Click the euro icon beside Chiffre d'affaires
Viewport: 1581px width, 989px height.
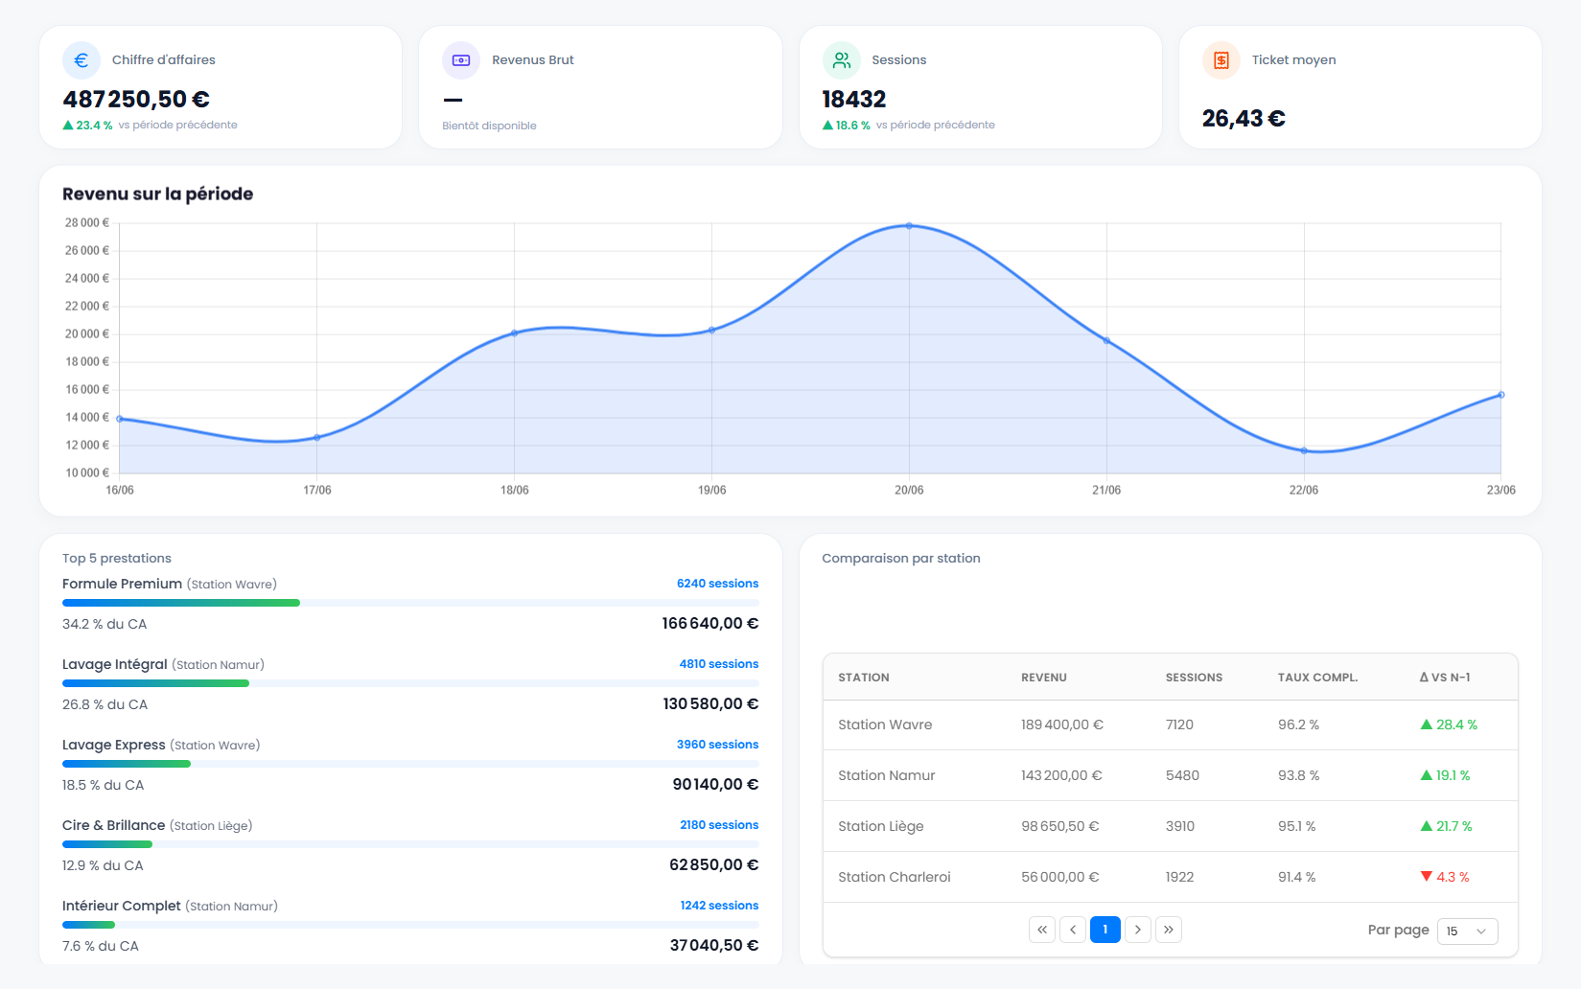(x=81, y=60)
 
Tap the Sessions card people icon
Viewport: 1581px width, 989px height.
(x=842, y=60)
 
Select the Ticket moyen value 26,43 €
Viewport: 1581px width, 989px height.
(x=1244, y=119)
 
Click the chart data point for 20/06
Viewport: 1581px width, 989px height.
(x=909, y=226)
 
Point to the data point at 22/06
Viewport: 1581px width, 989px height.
(x=1304, y=450)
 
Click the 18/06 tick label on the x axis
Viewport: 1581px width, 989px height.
(x=515, y=491)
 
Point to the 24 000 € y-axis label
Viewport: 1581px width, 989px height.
(x=87, y=278)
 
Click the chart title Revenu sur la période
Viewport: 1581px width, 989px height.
(x=157, y=194)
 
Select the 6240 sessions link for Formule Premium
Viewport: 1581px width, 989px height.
(x=717, y=584)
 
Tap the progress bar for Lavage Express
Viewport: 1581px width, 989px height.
(x=410, y=764)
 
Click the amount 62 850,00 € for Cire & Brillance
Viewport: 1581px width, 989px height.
(x=713, y=864)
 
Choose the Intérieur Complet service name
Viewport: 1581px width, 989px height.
(x=122, y=906)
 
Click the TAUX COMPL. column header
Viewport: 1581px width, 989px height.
(x=1317, y=678)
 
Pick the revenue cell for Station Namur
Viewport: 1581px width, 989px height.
(x=1061, y=775)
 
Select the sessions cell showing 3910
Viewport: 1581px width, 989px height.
(x=1180, y=826)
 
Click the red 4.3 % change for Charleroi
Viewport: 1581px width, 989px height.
(x=1445, y=877)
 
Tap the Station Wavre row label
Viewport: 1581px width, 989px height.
(x=885, y=724)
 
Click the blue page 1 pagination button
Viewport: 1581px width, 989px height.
(x=1105, y=930)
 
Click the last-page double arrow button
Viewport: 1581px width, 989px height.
(x=1169, y=930)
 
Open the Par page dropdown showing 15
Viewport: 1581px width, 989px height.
(x=1467, y=931)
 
